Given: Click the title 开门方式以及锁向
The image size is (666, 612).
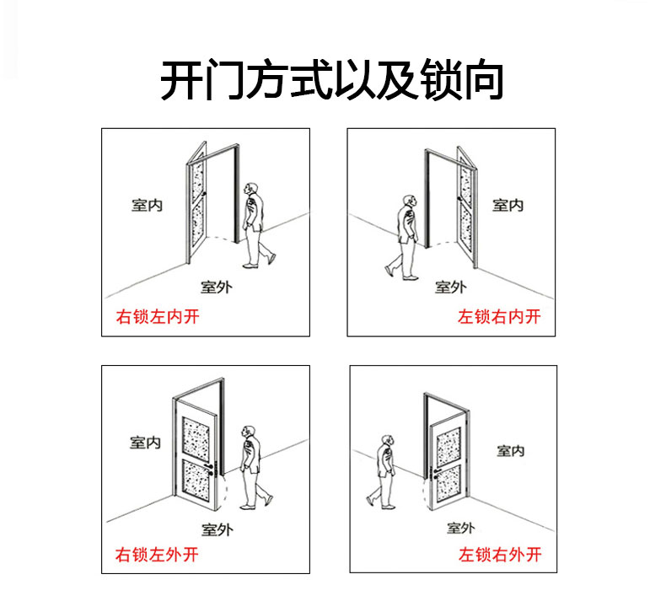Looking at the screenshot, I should [332, 81].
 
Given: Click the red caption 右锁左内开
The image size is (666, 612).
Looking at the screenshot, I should [157, 317].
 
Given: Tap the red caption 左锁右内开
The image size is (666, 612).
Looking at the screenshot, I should [499, 317].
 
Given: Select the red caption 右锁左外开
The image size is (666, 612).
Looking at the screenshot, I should [157, 556].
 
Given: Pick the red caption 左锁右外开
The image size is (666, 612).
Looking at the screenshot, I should [499, 556].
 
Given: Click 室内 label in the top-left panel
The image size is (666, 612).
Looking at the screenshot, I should [147, 205].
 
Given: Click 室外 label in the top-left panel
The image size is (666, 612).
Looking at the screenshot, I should [217, 287].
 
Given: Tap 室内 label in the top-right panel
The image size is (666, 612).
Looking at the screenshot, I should [508, 205].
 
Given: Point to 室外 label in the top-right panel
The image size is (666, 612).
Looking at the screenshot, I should [450, 287].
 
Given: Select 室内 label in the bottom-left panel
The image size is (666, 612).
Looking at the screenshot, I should [146, 442].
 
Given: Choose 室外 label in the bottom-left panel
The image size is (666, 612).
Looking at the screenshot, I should [217, 529].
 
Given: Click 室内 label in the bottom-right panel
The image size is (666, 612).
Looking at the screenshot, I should [510, 450].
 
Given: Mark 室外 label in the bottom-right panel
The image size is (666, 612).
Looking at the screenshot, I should [460, 529].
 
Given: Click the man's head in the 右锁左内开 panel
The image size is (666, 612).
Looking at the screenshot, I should [250, 190].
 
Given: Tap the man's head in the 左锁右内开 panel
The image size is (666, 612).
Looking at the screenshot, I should [409, 202].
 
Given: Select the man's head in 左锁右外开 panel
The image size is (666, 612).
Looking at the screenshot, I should [387, 442].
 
